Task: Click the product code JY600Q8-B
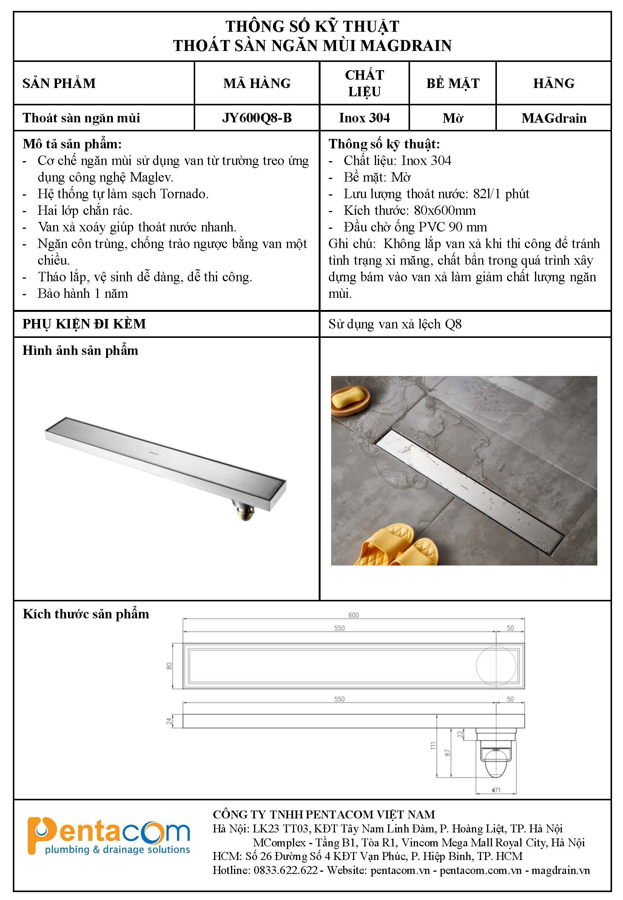click(257, 118)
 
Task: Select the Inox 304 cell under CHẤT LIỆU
click(364, 118)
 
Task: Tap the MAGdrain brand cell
click(554, 118)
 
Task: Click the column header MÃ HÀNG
click(257, 83)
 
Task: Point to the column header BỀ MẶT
click(452, 83)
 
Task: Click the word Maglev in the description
click(151, 177)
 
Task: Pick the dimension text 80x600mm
click(445, 211)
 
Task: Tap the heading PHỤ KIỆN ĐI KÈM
click(84, 324)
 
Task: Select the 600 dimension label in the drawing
click(353, 615)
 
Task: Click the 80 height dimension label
click(169, 666)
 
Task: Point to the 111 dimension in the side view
click(432, 746)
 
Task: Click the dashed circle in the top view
click(496, 666)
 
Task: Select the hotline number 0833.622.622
click(285, 871)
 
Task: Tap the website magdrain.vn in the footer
click(560, 871)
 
